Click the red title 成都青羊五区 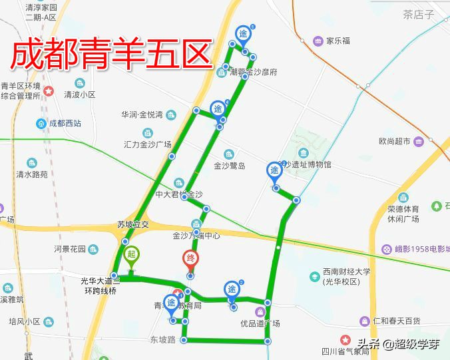click(111, 55)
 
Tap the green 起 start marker click(131, 255)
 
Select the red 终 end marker click(190, 260)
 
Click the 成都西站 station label click(65, 123)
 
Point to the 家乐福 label click(337, 40)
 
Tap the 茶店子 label click(418, 14)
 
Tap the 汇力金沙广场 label click(148, 144)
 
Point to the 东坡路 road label click(162, 339)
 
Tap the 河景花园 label click(70, 249)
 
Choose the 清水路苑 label click(32, 174)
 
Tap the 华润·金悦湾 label click(142, 114)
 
